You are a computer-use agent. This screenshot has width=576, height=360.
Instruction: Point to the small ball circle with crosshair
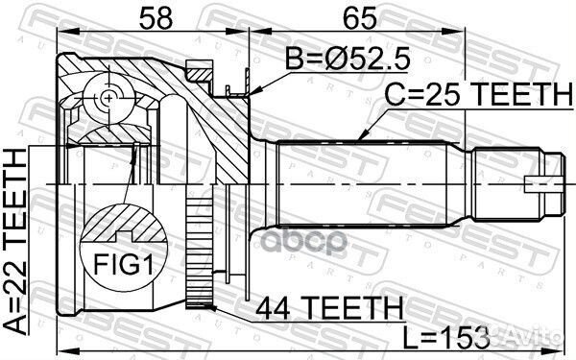click(x=105, y=97)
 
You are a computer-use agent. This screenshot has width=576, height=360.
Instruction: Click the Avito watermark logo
click(x=539, y=338)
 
